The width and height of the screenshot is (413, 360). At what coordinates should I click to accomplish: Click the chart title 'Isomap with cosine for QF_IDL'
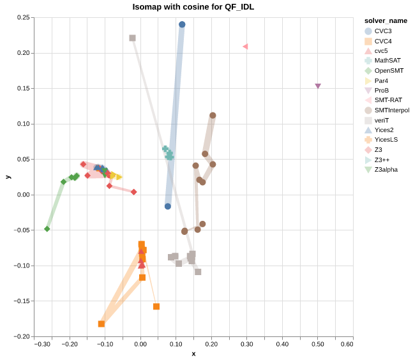click(x=193, y=7)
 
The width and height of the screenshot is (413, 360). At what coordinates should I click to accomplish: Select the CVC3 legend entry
click(x=383, y=31)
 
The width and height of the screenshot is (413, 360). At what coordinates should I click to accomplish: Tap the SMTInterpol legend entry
click(x=392, y=110)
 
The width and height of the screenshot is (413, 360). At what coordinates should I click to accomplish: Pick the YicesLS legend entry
click(x=386, y=140)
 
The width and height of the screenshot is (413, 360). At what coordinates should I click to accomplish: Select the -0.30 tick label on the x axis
click(x=43, y=345)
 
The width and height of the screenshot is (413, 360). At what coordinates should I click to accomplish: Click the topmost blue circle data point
click(x=182, y=25)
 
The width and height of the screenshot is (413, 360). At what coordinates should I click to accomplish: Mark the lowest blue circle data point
click(x=168, y=206)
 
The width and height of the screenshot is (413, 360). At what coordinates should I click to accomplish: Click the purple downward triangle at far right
click(x=318, y=86)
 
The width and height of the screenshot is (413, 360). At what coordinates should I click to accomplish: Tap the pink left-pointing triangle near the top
click(x=245, y=47)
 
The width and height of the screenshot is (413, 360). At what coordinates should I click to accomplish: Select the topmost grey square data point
click(x=132, y=38)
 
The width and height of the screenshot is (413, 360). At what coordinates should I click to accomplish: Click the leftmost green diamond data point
click(x=47, y=229)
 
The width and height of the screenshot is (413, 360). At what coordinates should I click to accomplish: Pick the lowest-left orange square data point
click(x=101, y=324)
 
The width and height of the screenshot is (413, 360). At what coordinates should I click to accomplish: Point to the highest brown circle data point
click(x=213, y=116)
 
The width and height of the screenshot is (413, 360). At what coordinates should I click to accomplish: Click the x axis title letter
click(x=193, y=354)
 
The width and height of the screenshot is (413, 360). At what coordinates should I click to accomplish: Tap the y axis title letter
click(x=8, y=176)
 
